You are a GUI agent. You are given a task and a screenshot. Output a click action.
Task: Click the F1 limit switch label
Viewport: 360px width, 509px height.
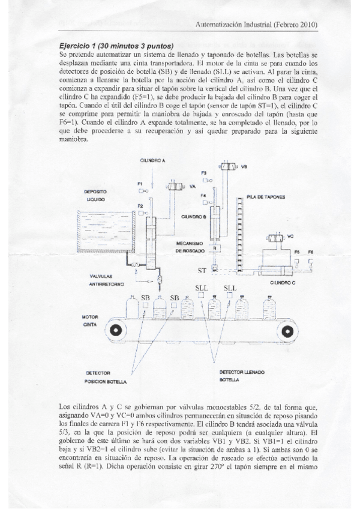(x=140, y=183)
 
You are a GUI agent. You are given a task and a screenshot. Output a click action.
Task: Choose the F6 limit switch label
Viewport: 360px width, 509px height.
(x=310, y=252)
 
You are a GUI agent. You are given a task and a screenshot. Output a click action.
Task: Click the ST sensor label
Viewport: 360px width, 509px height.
(x=202, y=271)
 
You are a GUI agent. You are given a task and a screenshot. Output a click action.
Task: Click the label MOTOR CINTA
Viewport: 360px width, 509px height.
(x=90, y=320)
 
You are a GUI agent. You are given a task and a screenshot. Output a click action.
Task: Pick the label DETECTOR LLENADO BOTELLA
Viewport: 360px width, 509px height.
(x=241, y=376)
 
